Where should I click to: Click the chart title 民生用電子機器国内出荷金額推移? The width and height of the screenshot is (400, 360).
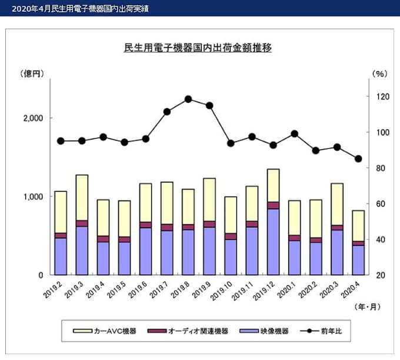[x=198, y=47]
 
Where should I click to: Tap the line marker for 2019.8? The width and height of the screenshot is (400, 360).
[x=188, y=99]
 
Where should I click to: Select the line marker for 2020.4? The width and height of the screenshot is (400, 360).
[x=358, y=158]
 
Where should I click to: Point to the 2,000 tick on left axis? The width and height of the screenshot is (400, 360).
[x=34, y=118]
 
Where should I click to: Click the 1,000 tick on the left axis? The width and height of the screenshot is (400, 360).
[x=34, y=196]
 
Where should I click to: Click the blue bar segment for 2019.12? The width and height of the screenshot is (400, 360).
[x=273, y=242]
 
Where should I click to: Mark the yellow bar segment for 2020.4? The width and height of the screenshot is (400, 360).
[x=358, y=225]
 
